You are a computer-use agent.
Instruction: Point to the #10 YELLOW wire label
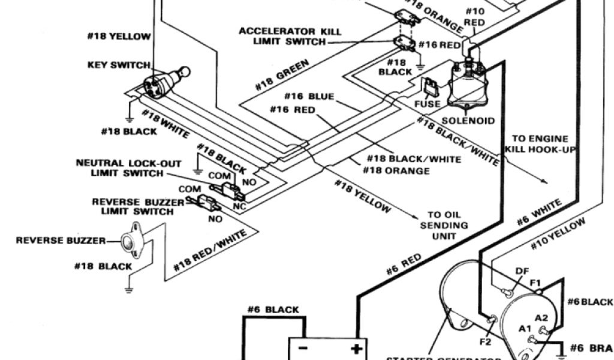click(558, 234)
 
